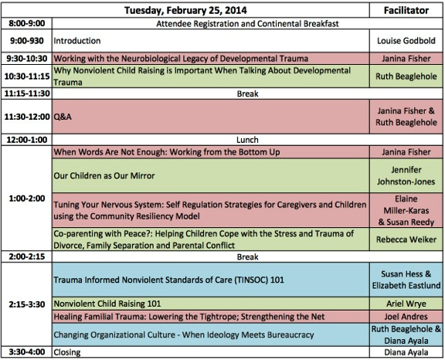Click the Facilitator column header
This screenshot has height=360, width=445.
pyautogui.click(x=406, y=11)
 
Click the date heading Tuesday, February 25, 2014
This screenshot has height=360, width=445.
pyautogui.click(x=185, y=11)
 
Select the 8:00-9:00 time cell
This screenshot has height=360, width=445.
pyautogui.click(x=27, y=23)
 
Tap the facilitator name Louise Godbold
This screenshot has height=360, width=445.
pyautogui.click(x=406, y=41)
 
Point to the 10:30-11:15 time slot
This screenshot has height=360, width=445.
pyautogui.click(x=27, y=76)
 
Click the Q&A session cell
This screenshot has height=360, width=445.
pyautogui.click(x=211, y=117)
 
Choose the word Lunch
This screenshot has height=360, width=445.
pyautogui.click(x=247, y=140)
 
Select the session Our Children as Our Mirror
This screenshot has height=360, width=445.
pyautogui.click(x=104, y=175)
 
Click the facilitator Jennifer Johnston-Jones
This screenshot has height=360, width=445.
pyautogui.click(x=406, y=175)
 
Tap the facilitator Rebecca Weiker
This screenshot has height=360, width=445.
pyautogui.click(x=406, y=239)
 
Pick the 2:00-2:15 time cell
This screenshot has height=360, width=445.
pyautogui.click(x=27, y=256)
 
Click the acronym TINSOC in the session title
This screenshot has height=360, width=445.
pyautogui.click(x=251, y=280)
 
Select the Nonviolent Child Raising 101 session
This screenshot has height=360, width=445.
pyautogui.click(x=107, y=304)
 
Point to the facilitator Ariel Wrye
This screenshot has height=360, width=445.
pyautogui.click(x=406, y=304)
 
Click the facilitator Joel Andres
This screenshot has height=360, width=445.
pyautogui.click(x=406, y=316)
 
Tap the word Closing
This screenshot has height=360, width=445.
pyautogui.click(x=67, y=352)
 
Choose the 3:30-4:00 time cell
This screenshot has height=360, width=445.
pyautogui.click(x=27, y=352)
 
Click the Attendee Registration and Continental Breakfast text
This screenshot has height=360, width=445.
pyautogui.click(x=247, y=23)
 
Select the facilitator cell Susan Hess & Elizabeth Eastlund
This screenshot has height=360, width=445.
pyautogui.click(x=406, y=280)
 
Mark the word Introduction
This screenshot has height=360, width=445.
pyautogui.click(x=77, y=41)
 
